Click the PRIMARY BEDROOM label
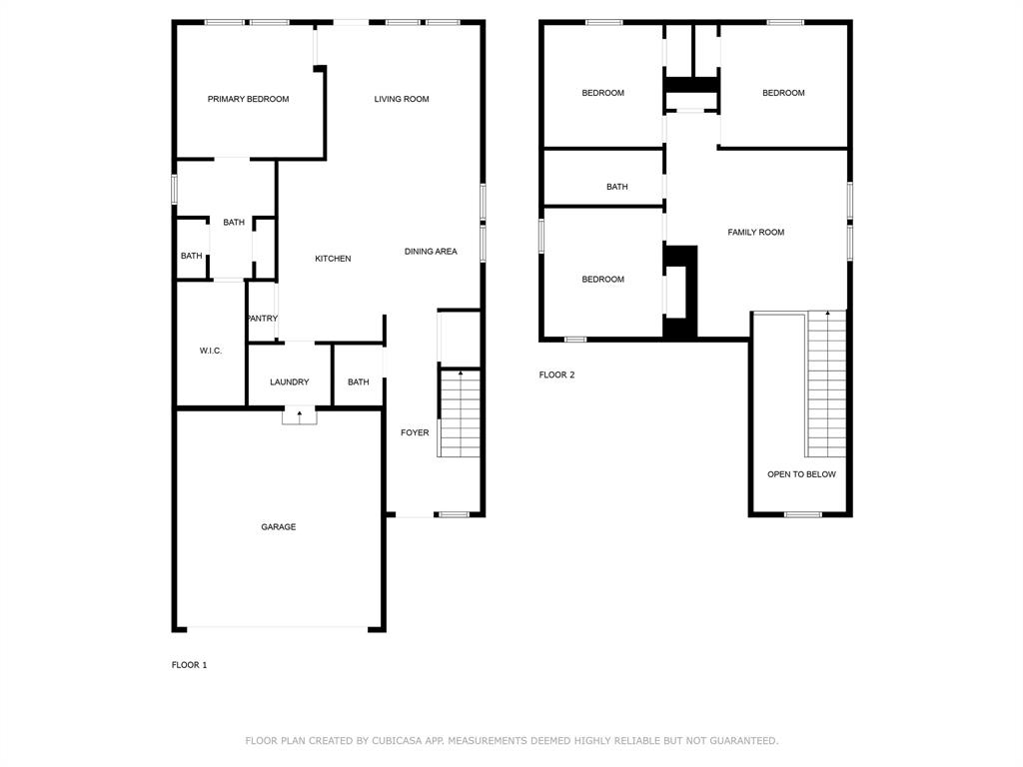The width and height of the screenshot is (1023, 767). click(x=248, y=99)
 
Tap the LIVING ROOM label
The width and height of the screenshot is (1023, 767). click(x=402, y=99)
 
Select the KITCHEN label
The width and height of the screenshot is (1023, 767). click(x=333, y=259)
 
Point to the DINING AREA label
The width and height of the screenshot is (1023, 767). click(x=431, y=252)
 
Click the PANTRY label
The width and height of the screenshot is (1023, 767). click(x=262, y=319)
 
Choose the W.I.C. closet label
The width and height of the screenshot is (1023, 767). click(x=210, y=351)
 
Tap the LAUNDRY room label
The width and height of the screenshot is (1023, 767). click(x=289, y=382)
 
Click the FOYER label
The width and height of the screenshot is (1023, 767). click(x=415, y=432)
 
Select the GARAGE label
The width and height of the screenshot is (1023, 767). click(x=278, y=526)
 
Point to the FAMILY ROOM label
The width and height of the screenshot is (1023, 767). click(x=755, y=232)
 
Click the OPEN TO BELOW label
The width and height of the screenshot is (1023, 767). click(x=801, y=474)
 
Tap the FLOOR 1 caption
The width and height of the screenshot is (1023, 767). click(x=189, y=665)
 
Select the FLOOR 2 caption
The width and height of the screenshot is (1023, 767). click(x=556, y=376)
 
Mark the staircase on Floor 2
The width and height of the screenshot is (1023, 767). click(x=826, y=383)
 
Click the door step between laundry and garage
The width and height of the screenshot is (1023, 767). click(x=299, y=416)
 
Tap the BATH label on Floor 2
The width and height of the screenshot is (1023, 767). click(x=616, y=187)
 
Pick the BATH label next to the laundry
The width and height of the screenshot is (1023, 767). click(x=358, y=382)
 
